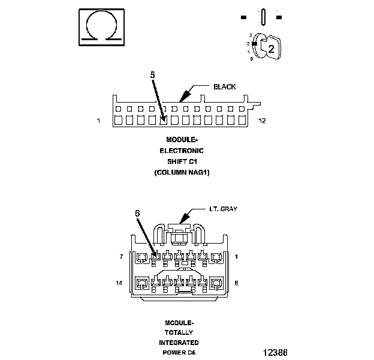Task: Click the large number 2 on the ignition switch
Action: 271,50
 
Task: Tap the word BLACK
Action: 225,87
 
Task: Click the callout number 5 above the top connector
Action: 153,75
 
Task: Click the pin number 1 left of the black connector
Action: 98,121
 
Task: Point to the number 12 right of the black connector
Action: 262,121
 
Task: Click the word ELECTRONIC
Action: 181,151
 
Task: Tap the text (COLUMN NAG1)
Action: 181,172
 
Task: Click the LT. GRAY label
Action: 224,209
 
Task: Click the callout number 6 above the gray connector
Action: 137,213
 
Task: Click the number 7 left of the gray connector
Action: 122,257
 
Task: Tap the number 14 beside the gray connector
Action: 120,282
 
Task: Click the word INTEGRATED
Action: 179,343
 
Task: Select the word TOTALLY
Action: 179,332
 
